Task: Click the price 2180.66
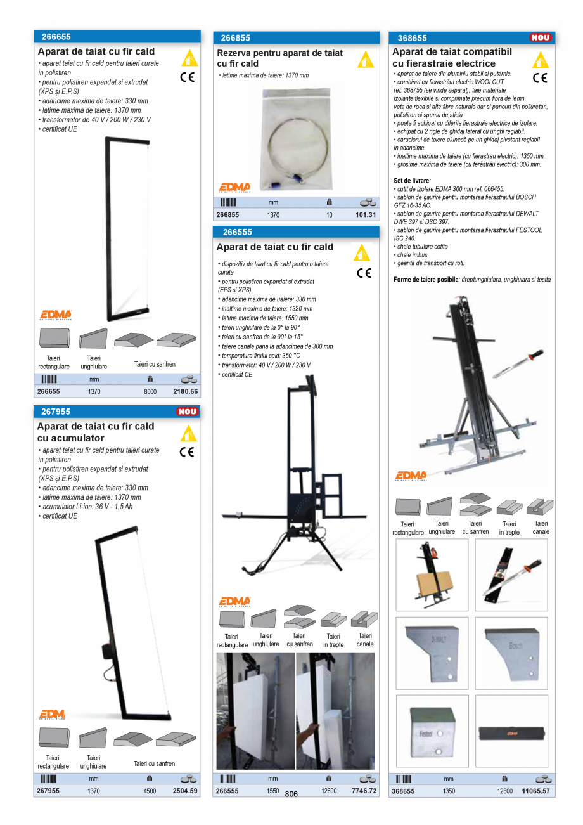pyautogui.click(x=185, y=392)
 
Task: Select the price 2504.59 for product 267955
pyautogui.click(x=185, y=791)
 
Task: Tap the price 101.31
pyautogui.click(x=366, y=215)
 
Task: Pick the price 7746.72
pyautogui.click(x=364, y=791)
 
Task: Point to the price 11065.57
pyautogui.click(x=535, y=791)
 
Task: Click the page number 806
pyautogui.click(x=291, y=795)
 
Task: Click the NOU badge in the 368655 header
pyautogui.click(x=541, y=38)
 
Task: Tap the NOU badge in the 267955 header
pyautogui.click(x=187, y=412)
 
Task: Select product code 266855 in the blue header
pyautogui.click(x=236, y=38)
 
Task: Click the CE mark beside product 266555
pyautogui.click(x=364, y=273)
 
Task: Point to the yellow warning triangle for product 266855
pyautogui.click(x=365, y=60)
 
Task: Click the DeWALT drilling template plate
pyautogui.click(x=432, y=653)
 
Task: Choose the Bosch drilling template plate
pyautogui.click(x=511, y=653)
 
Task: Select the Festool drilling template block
pyautogui.click(x=432, y=731)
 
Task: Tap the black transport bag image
pyautogui.click(x=511, y=733)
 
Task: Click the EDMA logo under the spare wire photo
pyautogui.click(x=234, y=187)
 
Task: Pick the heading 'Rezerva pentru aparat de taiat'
pyautogui.click(x=279, y=53)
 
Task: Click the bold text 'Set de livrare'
pyautogui.click(x=411, y=181)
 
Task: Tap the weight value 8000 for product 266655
pyautogui.click(x=150, y=392)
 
